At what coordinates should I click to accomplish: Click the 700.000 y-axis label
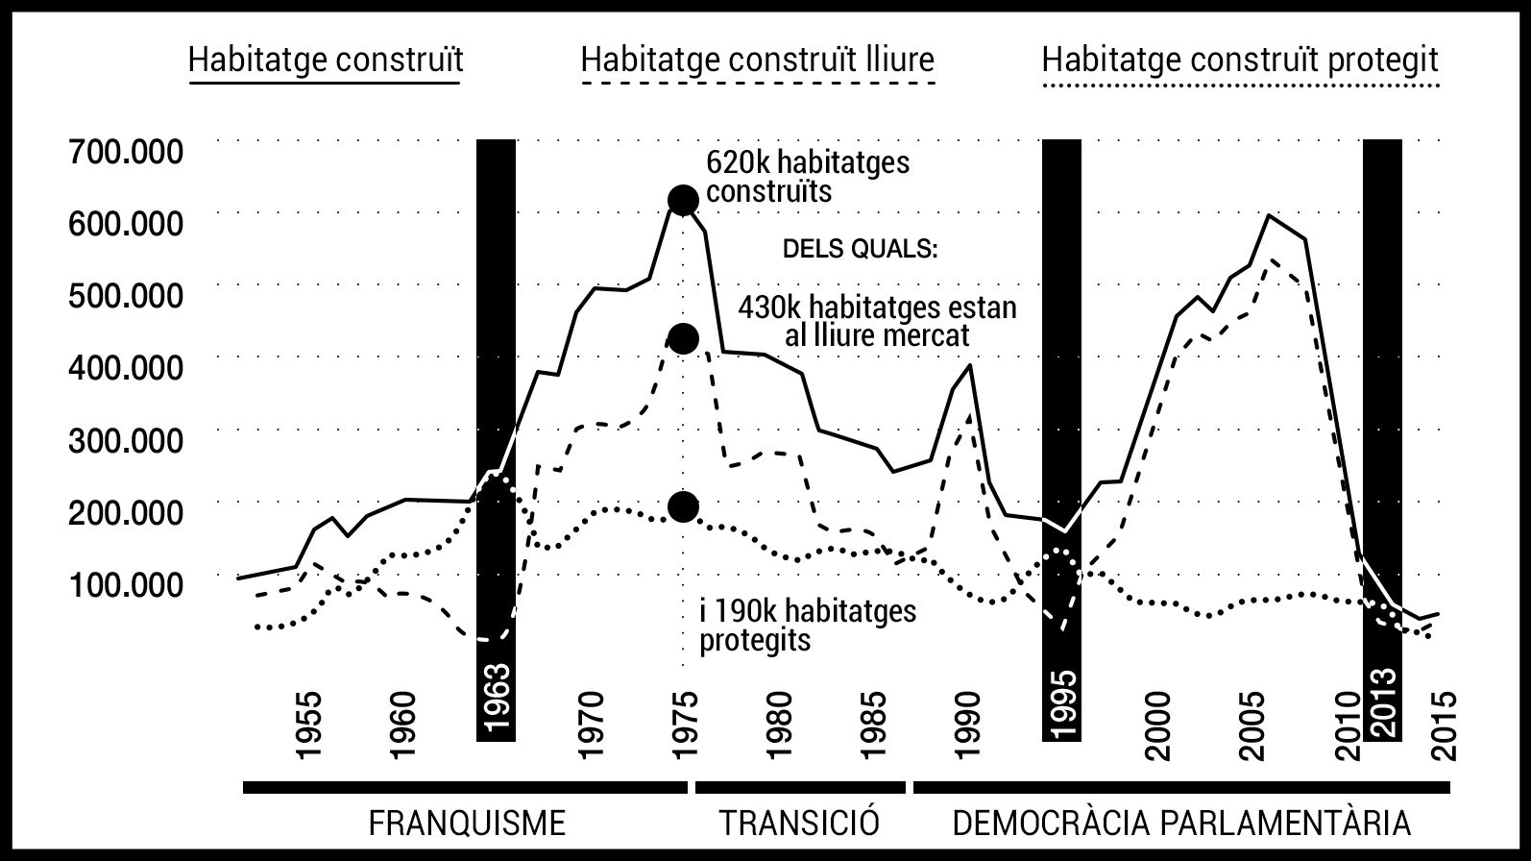[x=126, y=152]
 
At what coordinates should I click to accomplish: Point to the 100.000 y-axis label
[x=126, y=584]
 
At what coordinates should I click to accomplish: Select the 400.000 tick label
[x=126, y=368]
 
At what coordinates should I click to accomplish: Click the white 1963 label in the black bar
[x=496, y=699]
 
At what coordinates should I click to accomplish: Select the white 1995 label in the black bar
[x=1061, y=704]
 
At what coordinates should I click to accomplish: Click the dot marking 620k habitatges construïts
[x=683, y=201]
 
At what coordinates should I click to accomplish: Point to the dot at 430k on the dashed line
[x=683, y=339]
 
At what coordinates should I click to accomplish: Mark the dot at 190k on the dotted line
[x=683, y=506]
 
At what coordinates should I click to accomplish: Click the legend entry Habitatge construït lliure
[x=758, y=60]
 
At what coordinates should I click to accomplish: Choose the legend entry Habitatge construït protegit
[x=1240, y=60]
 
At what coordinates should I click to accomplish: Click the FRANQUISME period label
[x=468, y=824]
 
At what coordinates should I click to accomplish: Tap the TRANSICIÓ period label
[x=800, y=824]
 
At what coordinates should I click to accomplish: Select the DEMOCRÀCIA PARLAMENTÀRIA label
[x=1181, y=824]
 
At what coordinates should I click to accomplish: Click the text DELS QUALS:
[x=860, y=250]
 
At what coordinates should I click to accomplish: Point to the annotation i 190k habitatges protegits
[x=808, y=626]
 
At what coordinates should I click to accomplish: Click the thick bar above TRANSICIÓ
[x=800, y=788]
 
